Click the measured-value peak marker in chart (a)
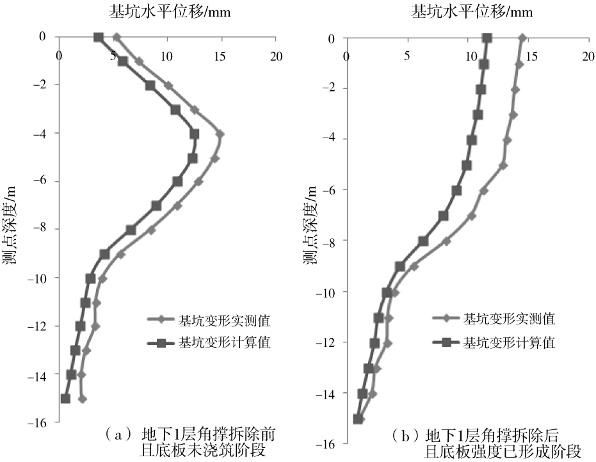click(x=220, y=134)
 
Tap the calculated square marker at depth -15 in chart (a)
click(x=65, y=399)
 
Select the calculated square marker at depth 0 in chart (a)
click(x=99, y=37)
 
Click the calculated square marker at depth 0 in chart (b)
click(x=487, y=38)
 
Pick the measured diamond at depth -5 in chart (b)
click(x=503, y=165)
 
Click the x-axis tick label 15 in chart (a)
click(x=221, y=56)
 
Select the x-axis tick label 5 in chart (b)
click(x=407, y=56)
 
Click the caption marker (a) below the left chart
click(x=116, y=436)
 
